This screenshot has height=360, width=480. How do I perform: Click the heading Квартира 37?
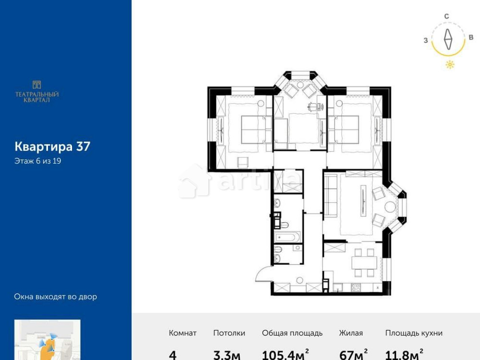[x=52, y=146]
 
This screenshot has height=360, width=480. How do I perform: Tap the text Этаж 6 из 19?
[x=37, y=161]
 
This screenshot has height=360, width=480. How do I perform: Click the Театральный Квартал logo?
[x=37, y=91]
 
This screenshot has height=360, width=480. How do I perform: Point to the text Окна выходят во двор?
[x=56, y=297]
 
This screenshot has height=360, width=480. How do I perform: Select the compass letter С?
[x=446, y=16]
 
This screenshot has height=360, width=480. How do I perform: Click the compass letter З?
[x=426, y=41]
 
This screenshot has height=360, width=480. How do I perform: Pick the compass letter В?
[x=471, y=37]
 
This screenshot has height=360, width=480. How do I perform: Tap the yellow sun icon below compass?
[x=450, y=65]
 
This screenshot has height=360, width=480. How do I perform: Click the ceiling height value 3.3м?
[x=227, y=355]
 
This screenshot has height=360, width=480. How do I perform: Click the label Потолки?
[x=229, y=333]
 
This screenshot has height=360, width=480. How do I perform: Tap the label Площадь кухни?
[x=414, y=333]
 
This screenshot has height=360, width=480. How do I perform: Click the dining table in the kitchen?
[x=363, y=262]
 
